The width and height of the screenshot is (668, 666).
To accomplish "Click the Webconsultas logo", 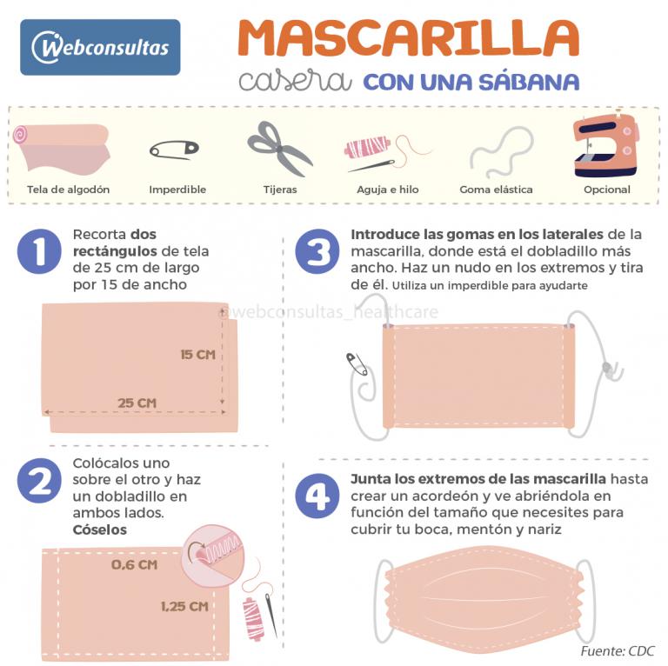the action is (100, 47).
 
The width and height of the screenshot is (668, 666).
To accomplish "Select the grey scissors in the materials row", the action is (280, 149).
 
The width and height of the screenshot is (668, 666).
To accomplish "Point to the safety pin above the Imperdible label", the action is (174, 150).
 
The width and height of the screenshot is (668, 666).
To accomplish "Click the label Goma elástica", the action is (496, 190).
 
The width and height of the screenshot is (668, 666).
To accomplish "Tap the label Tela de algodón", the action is (68, 190).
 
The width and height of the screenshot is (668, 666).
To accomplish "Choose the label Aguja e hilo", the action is (388, 190).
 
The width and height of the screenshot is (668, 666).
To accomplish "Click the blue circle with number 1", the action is (39, 251).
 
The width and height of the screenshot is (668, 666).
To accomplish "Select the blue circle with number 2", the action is (39, 480).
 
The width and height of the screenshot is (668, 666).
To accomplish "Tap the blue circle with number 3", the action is (317, 251).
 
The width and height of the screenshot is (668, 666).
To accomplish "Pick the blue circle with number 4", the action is (317, 496).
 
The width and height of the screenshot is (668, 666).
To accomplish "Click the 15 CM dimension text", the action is (197, 355).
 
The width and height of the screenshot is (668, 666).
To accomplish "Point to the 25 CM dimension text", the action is (137, 403).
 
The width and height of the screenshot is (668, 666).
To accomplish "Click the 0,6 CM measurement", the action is (134, 564).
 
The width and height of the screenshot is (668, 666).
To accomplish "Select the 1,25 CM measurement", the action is (184, 606).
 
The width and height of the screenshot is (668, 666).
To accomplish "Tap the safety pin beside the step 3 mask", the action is (357, 364).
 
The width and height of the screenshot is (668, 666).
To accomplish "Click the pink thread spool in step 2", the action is (253, 620).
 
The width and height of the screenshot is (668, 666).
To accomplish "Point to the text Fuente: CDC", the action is (618, 650).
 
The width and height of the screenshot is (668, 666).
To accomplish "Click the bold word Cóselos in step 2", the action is (100, 529).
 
